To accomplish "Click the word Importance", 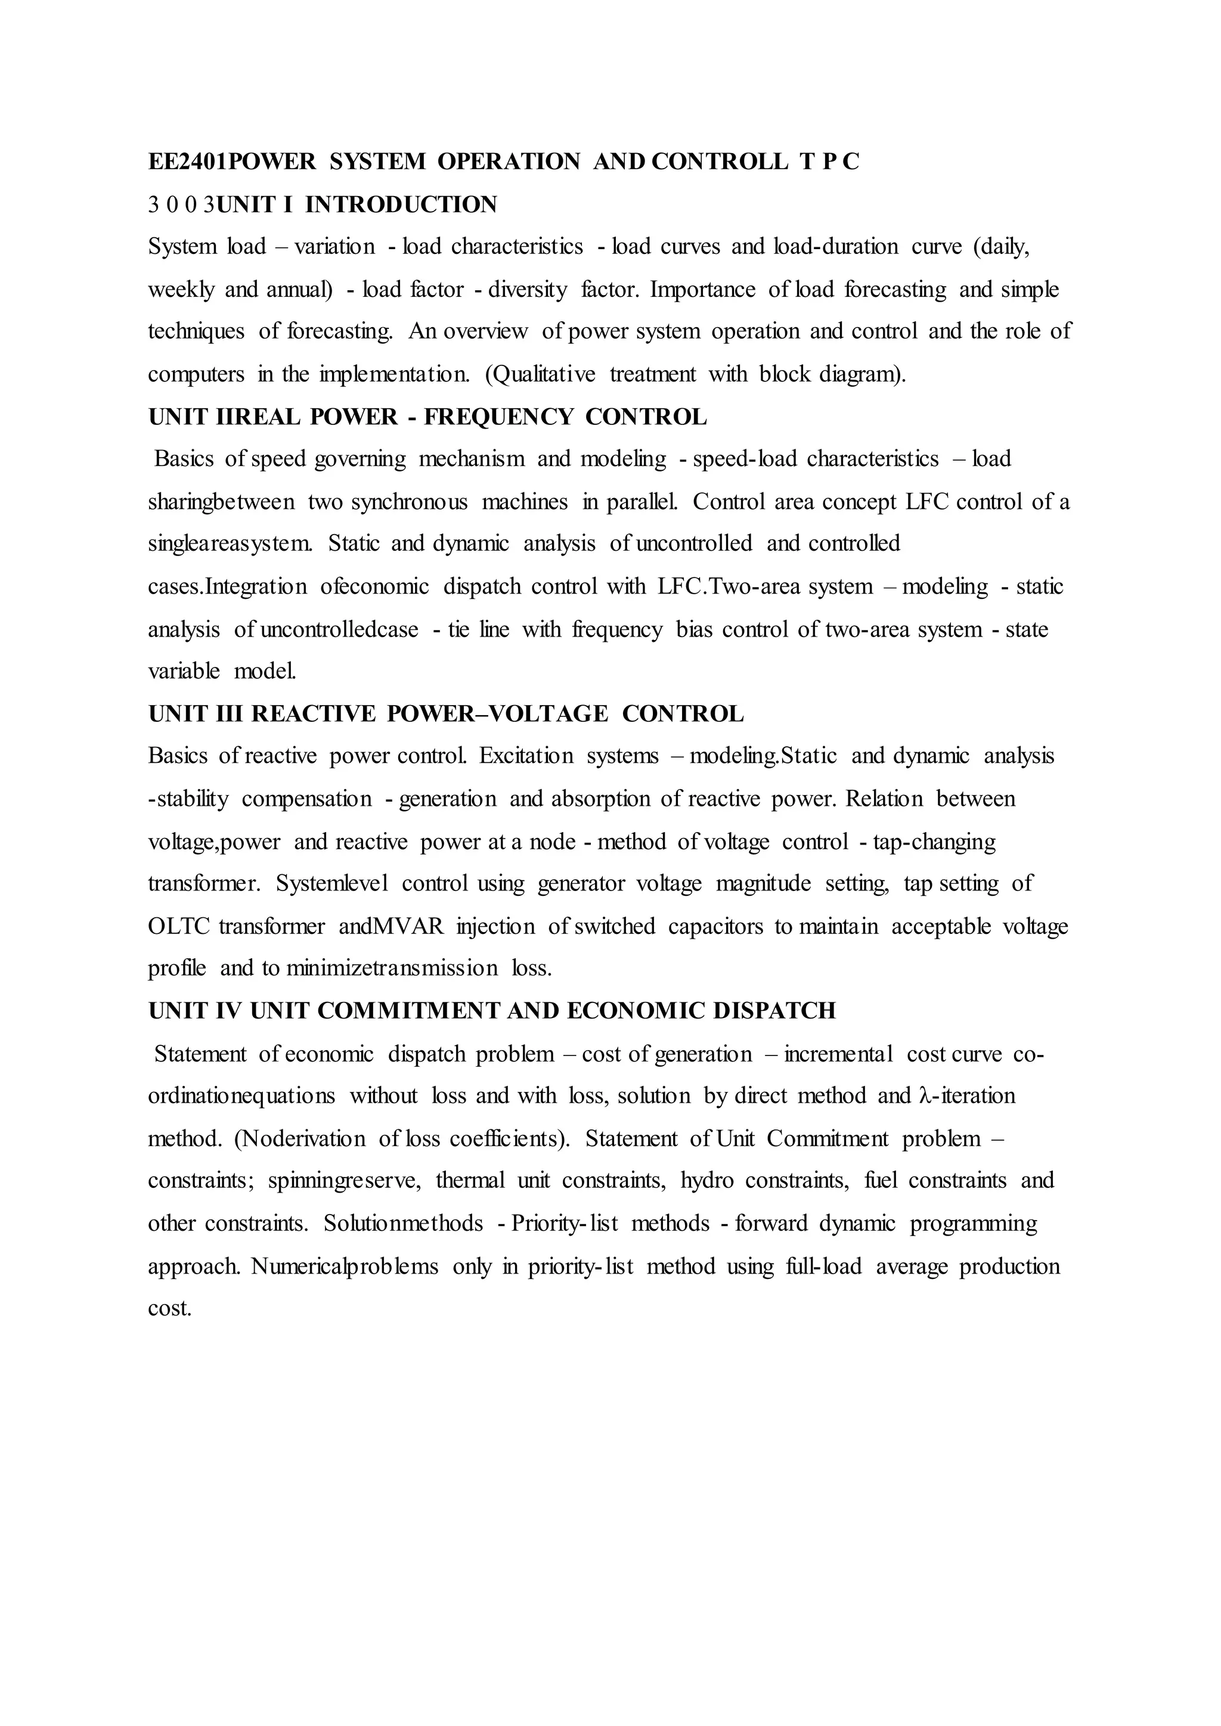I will (x=702, y=290).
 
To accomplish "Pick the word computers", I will (x=196, y=374).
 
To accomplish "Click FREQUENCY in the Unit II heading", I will (x=498, y=417).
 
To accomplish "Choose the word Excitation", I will (x=526, y=756).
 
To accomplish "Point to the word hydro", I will (x=706, y=1181).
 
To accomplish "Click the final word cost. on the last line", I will (x=170, y=1309).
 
